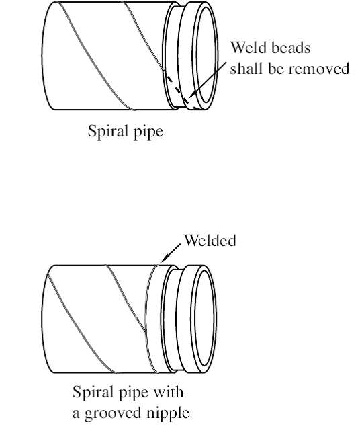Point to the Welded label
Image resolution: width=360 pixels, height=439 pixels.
tap(210, 240)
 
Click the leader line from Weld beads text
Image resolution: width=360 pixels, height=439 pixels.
tap(208, 81)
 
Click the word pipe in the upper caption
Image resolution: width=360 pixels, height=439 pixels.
tap(148, 132)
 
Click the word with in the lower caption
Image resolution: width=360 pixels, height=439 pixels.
tap(169, 392)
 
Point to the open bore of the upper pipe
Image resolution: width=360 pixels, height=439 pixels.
tap(206, 54)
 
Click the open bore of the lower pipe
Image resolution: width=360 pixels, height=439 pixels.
tap(205, 319)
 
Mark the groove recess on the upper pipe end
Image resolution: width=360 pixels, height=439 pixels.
tap(173, 56)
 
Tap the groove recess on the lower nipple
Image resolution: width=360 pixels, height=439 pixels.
tap(171, 319)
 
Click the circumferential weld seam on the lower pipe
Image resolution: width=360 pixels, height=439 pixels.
tap(147, 319)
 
